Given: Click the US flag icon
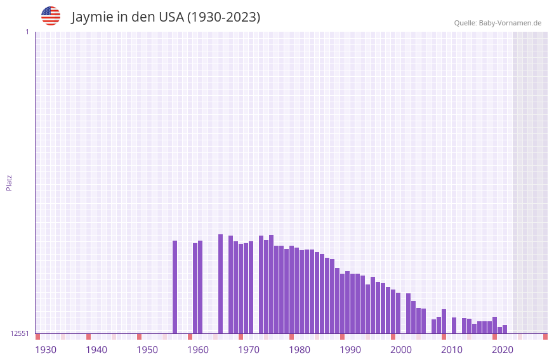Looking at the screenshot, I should pyautogui.click(x=51, y=16).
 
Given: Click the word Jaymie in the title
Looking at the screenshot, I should pyautogui.click(x=91, y=17).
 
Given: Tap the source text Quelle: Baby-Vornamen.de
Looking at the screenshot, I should pyautogui.click(x=498, y=23).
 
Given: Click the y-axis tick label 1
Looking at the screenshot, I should pyautogui.click(x=27, y=32).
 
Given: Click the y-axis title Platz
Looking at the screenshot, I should pyautogui.click(x=9, y=182).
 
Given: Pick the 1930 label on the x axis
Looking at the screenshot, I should pyautogui.click(x=46, y=350).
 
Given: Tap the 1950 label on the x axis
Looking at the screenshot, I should pyautogui.click(x=147, y=350).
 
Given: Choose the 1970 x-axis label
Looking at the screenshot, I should pyautogui.click(x=249, y=350).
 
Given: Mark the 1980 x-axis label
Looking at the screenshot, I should pyautogui.click(x=300, y=350).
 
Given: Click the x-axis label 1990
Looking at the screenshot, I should pyautogui.click(x=350, y=350).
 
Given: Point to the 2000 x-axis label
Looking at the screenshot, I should pyautogui.click(x=401, y=350).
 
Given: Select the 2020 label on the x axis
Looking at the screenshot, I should pyautogui.click(x=503, y=350).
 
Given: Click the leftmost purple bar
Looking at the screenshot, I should pyautogui.click(x=175, y=287).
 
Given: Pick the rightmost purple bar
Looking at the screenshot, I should pyautogui.click(x=505, y=330).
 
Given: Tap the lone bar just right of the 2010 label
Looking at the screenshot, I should pyautogui.click(x=454, y=326).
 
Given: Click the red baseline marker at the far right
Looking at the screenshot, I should pyautogui.click(x=545, y=337).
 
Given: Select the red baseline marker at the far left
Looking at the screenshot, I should pyautogui.click(x=37, y=337).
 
